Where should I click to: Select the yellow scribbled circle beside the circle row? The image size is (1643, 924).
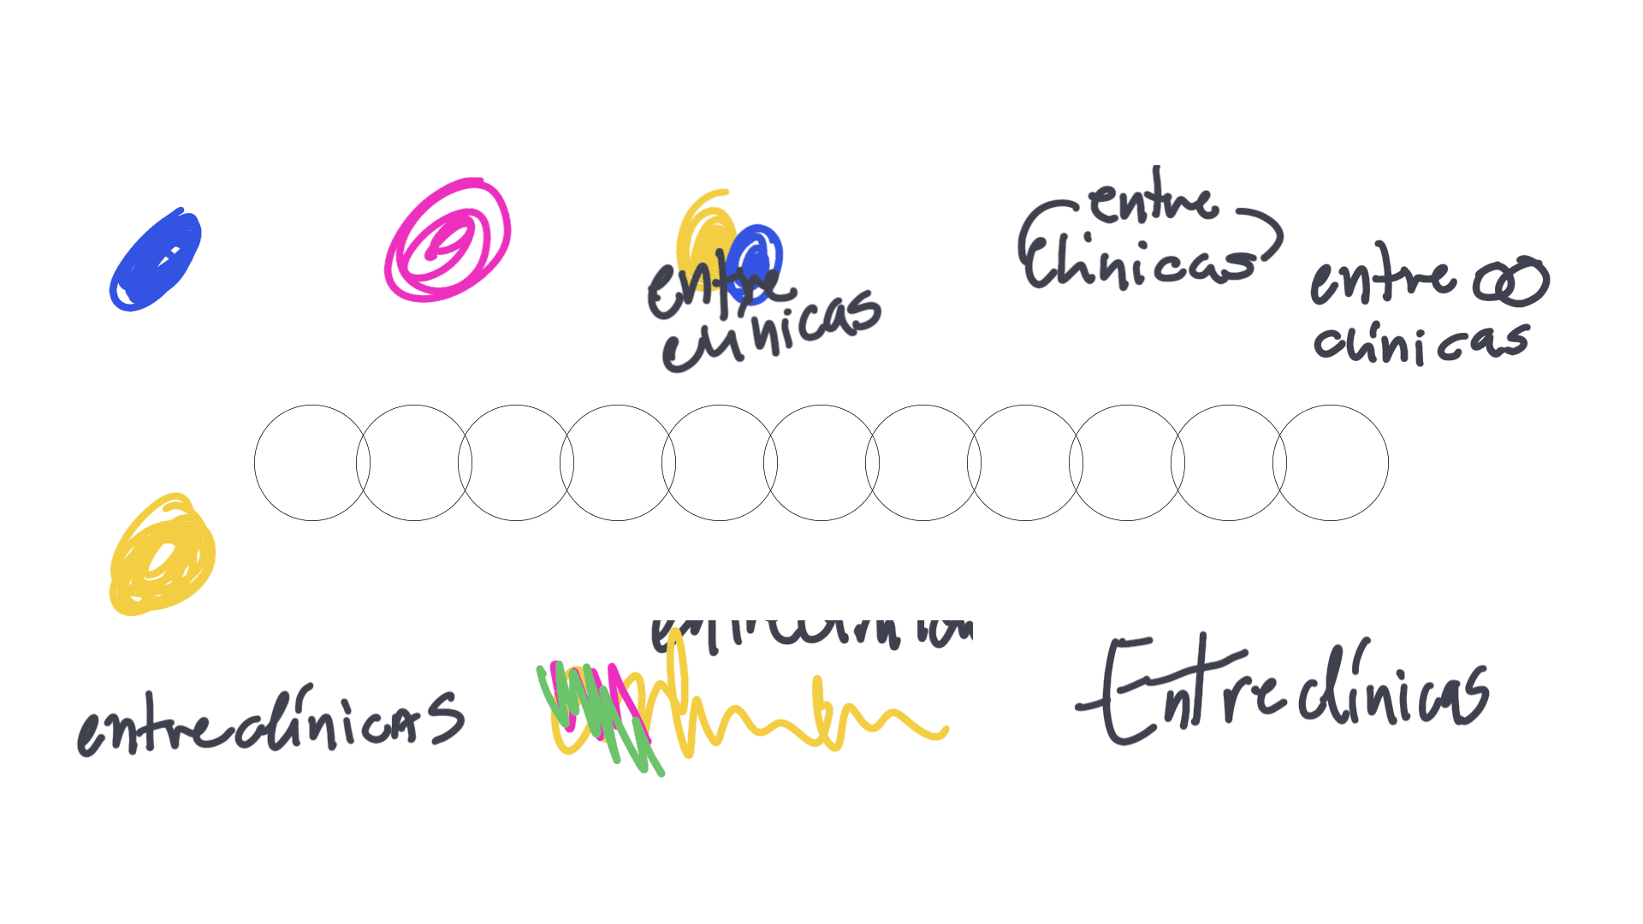pos(162,554)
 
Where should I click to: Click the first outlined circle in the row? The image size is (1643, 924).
pos(312,463)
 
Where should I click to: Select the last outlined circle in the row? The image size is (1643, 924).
pos(1331,463)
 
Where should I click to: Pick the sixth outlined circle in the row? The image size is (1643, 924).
pos(821,463)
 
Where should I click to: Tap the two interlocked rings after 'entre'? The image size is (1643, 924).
pos(1511,281)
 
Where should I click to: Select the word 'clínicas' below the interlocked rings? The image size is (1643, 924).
pos(1421,342)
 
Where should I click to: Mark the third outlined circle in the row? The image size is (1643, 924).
pos(516,463)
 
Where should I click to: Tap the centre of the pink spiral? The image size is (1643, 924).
pos(444,242)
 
